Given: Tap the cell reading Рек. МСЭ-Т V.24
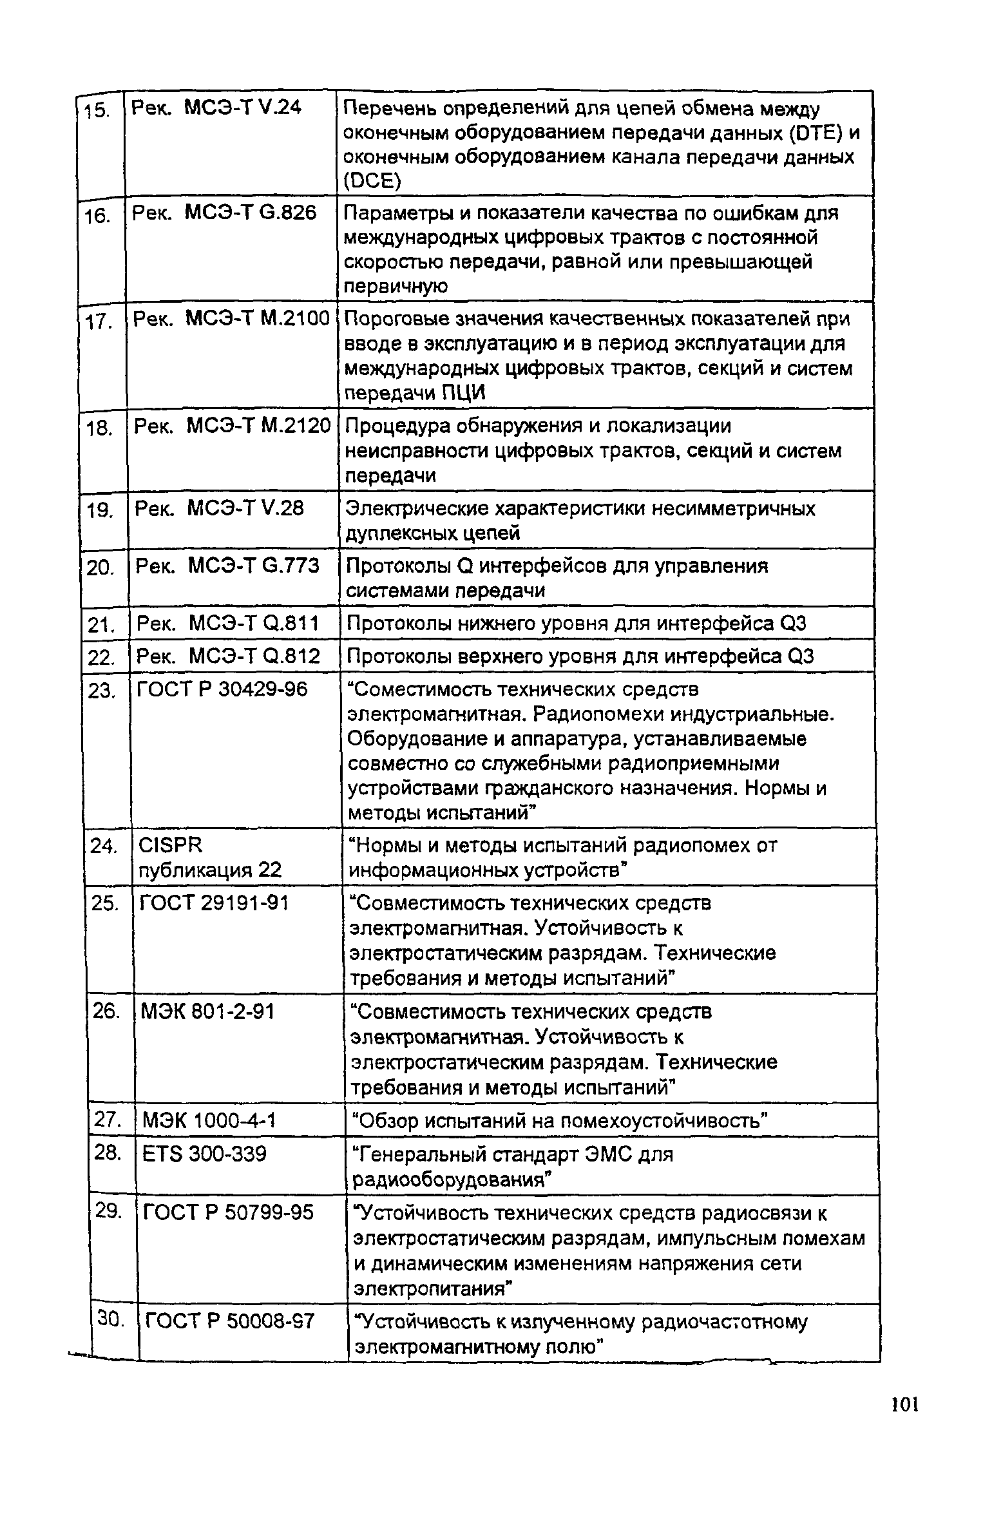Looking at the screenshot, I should pos(216,108).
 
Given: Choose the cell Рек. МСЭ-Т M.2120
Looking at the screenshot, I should pos(232,426).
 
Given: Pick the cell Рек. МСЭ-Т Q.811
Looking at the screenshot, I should pos(228,624).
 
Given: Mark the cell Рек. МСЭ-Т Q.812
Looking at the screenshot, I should pos(229,656).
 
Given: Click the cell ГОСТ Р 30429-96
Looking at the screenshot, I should pos(222,690).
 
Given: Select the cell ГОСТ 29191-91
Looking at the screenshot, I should pos(214,904).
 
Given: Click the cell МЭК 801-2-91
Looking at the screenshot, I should pos(207,1012).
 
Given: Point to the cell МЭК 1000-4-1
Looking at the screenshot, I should pos(209,1122).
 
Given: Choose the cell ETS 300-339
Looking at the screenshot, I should pos(204,1154).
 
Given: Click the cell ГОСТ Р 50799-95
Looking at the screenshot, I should pos(228,1213).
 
